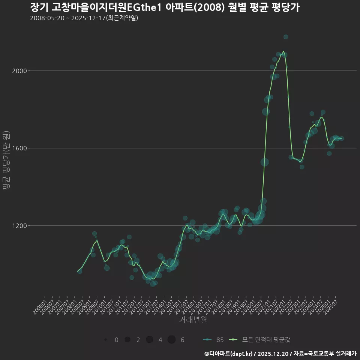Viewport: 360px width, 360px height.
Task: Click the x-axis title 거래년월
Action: click(193, 319)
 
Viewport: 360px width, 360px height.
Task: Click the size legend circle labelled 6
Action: click(172, 340)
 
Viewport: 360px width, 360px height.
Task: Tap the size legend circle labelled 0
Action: click(106, 340)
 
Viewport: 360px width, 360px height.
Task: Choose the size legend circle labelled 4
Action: click(150, 340)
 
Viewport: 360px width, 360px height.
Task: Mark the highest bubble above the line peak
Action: click(286, 37)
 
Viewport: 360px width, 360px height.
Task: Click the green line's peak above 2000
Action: click(283, 51)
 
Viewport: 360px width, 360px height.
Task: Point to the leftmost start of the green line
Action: click(77, 271)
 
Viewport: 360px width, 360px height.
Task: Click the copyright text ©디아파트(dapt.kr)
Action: click(229, 354)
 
